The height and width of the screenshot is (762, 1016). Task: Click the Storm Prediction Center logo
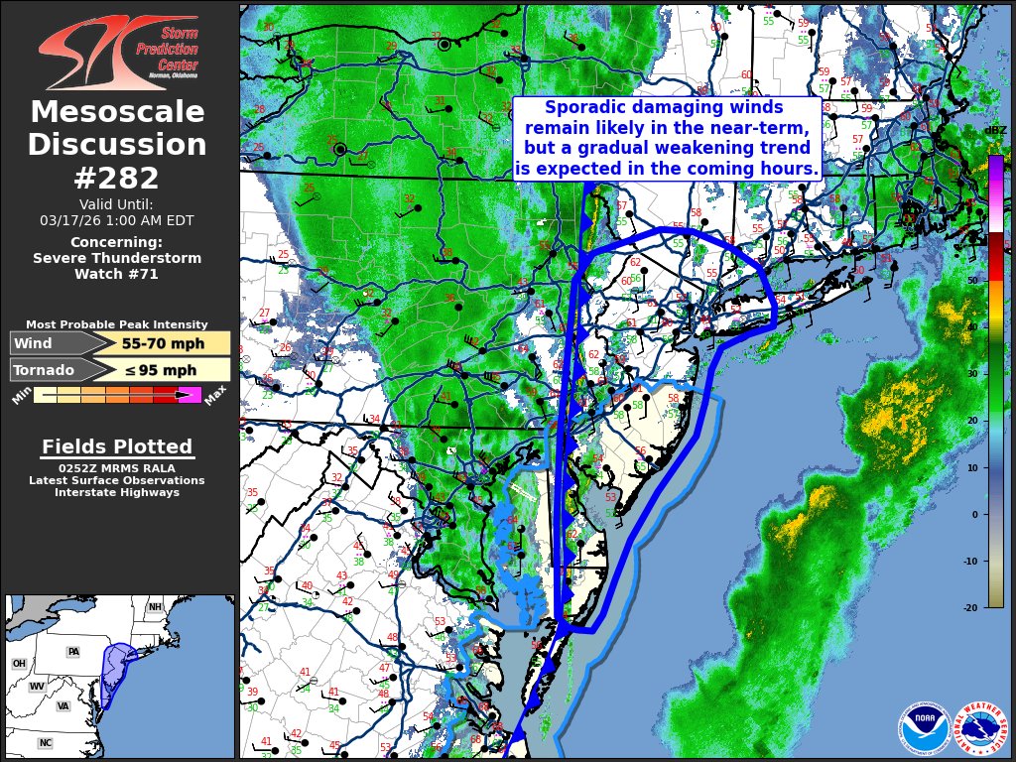tap(117, 52)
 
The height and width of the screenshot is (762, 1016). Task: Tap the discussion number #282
tap(117, 179)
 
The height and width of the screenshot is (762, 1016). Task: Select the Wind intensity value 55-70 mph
tap(163, 343)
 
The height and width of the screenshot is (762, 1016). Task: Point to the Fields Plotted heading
tap(117, 447)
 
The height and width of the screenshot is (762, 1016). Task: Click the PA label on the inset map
tap(72, 652)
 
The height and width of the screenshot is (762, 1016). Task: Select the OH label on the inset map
tap(19, 663)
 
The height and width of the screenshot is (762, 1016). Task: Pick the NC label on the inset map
tap(45, 742)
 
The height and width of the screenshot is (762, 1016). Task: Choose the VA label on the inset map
tap(63, 706)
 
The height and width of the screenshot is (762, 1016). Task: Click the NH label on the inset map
tap(155, 607)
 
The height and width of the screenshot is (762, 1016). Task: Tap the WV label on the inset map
tap(37, 686)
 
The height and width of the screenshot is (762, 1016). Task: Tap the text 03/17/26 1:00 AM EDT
tap(117, 220)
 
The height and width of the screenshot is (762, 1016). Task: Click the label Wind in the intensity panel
tap(32, 343)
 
